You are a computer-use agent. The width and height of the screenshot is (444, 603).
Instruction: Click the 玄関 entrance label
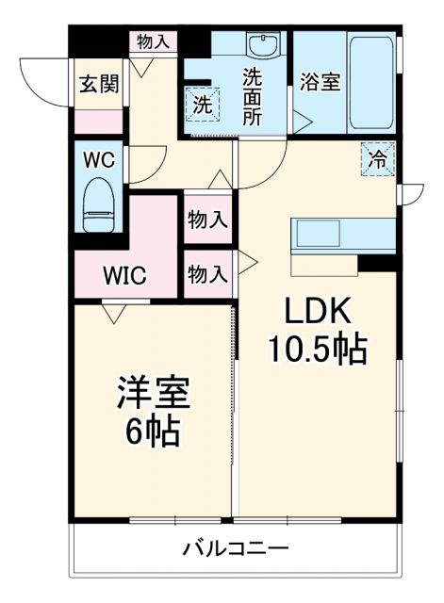pos(98,84)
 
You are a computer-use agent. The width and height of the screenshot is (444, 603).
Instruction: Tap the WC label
pos(98,158)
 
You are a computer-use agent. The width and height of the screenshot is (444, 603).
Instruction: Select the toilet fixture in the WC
pos(98,205)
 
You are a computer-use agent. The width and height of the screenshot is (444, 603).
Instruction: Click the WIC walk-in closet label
pos(124,277)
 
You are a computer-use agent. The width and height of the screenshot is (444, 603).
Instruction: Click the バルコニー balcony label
pos(236,547)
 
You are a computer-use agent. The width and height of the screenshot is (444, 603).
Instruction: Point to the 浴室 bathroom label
pos(320,82)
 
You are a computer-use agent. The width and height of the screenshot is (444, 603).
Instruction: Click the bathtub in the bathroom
pos(371,83)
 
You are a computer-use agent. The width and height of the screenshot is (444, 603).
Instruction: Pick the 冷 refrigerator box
pos(377,158)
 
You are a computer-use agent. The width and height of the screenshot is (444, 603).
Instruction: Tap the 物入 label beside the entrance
pos(154,41)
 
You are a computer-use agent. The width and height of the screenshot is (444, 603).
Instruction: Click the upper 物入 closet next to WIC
pos(207,220)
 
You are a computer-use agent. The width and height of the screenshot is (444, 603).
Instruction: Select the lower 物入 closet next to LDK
pos(207,274)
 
